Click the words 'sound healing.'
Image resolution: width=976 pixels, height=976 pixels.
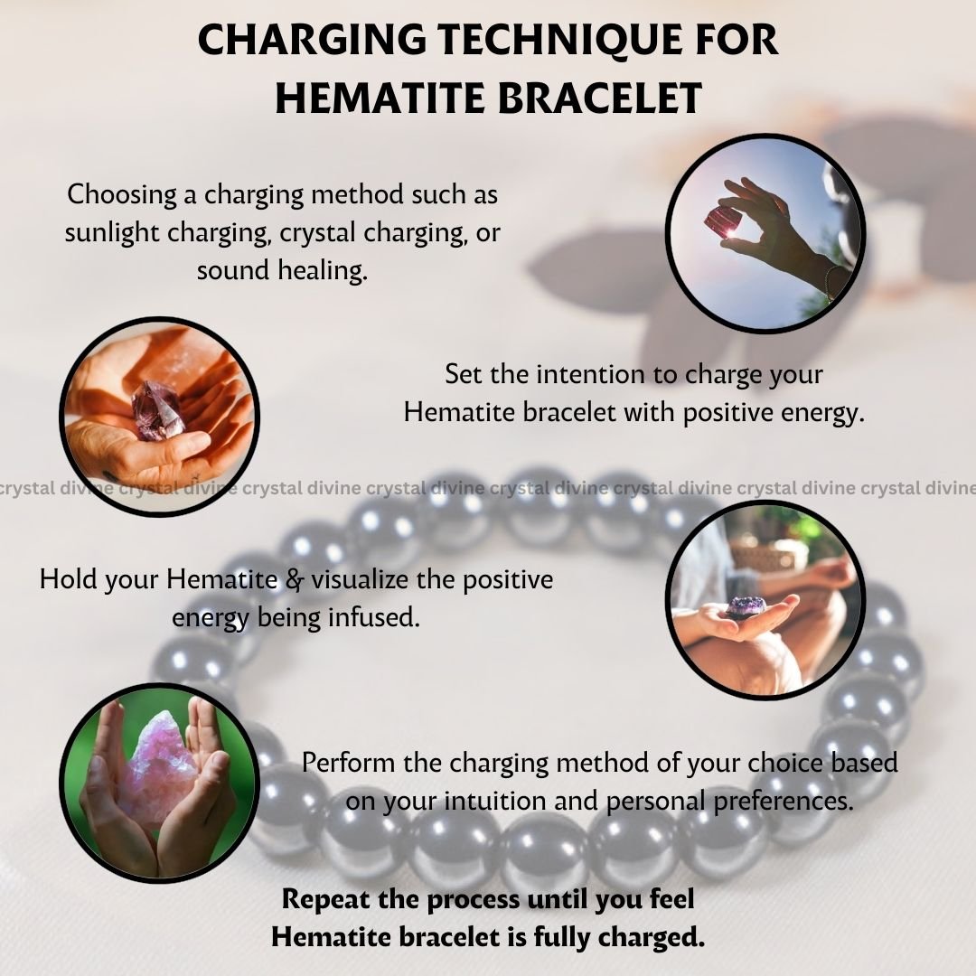click(282, 271)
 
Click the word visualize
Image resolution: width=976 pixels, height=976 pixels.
click(360, 579)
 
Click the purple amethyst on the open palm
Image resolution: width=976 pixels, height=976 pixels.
click(747, 605)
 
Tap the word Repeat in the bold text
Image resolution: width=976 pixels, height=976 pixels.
click(320, 900)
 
